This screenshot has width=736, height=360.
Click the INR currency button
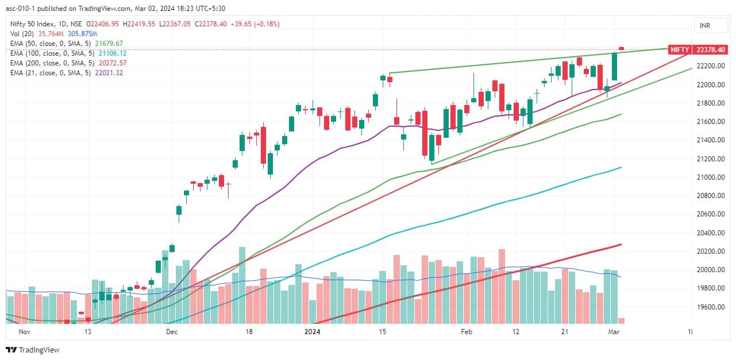click(x=704, y=26)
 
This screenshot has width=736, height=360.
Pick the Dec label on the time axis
click(x=171, y=332)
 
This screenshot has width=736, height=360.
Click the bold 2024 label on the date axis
click(x=313, y=332)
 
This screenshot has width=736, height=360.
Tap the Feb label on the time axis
click(x=467, y=332)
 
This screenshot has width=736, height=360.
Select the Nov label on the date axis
click(x=24, y=332)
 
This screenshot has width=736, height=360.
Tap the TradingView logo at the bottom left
click(x=33, y=350)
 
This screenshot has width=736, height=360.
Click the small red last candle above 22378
click(x=622, y=48)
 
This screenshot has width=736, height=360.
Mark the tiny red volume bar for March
click(x=621, y=320)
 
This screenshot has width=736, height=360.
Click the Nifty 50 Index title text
click(x=31, y=24)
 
